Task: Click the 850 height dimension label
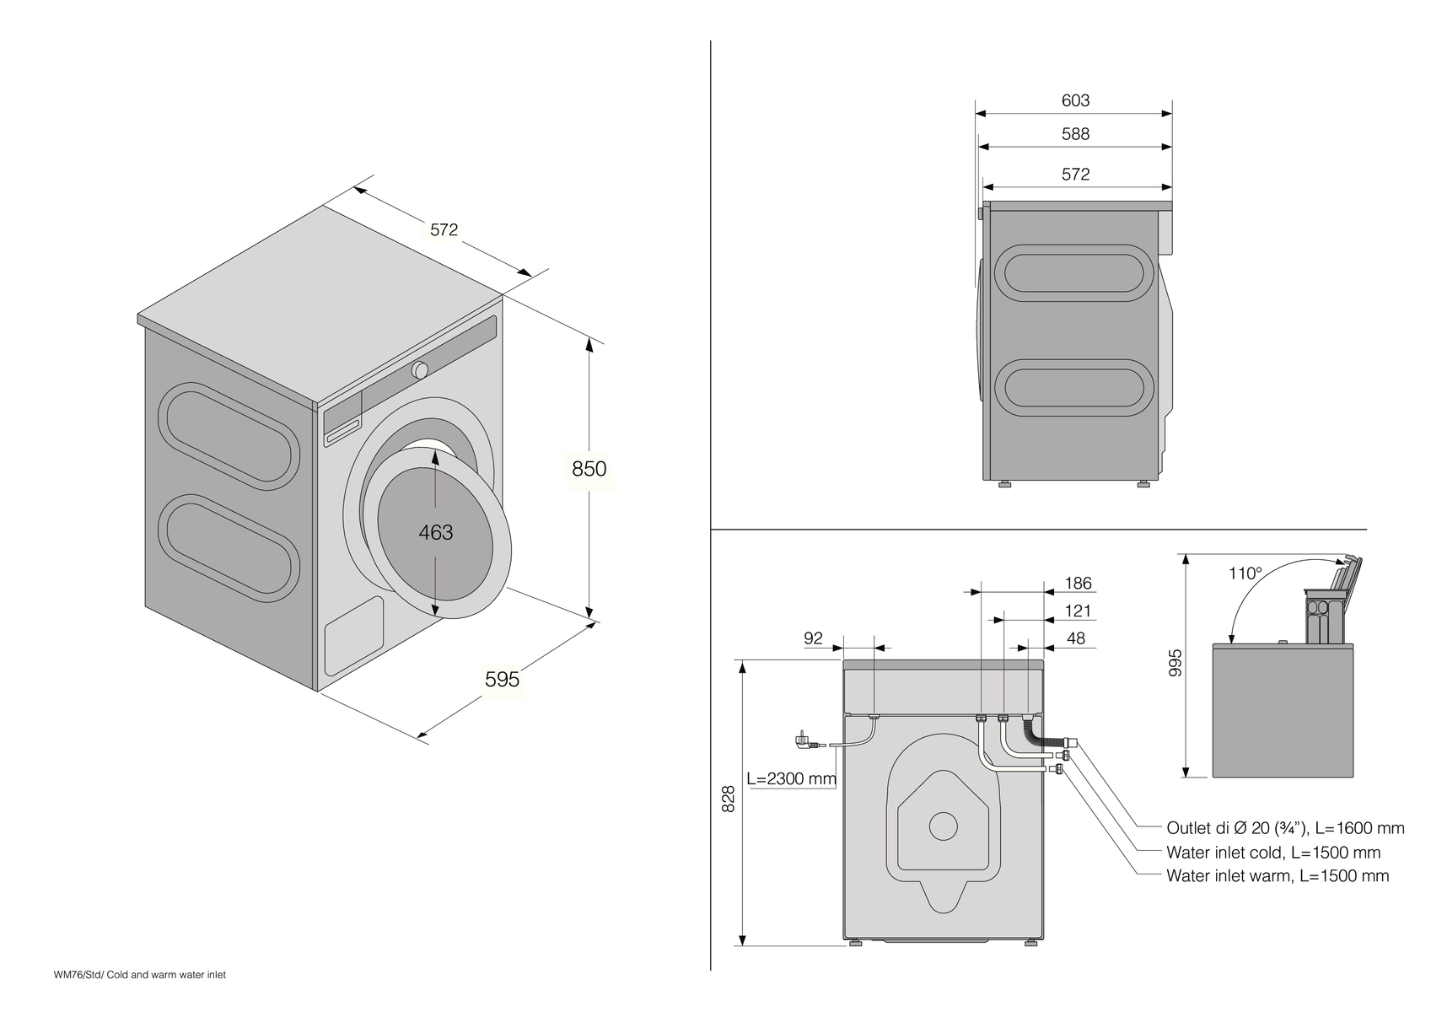[589, 469]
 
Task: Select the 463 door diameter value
[436, 532]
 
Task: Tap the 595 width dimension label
[502, 679]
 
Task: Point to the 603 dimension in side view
[1075, 100]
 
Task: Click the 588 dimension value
[1075, 134]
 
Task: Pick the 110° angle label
[1245, 573]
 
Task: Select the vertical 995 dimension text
[1176, 662]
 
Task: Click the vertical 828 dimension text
[729, 799]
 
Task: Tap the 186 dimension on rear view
[1078, 583]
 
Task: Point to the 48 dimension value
[1076, 638]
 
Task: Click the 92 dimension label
[813, 638]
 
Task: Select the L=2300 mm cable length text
[791, 778]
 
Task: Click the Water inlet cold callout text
[1272, 853]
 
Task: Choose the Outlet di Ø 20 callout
[1284, 828]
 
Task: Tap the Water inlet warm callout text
[1277, 876]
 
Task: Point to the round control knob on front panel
[420, 369]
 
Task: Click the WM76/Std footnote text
[140, 975]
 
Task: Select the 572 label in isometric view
[444, 229]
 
